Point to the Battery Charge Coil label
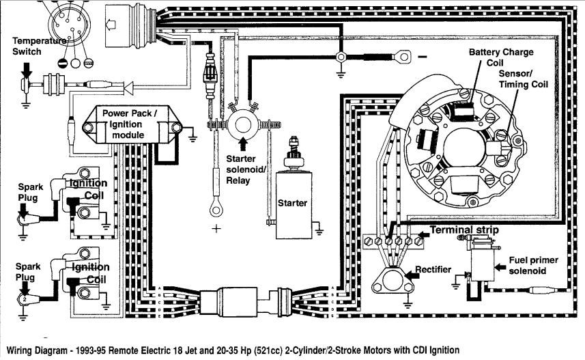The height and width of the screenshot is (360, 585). [501, 57]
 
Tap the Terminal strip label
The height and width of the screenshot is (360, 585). [463, 230]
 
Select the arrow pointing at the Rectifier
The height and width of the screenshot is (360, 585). [412, 275]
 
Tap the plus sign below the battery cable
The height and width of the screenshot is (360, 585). [216, 229]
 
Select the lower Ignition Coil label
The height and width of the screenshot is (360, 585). [90, 273]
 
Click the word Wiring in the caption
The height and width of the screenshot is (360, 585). [19, 350]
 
